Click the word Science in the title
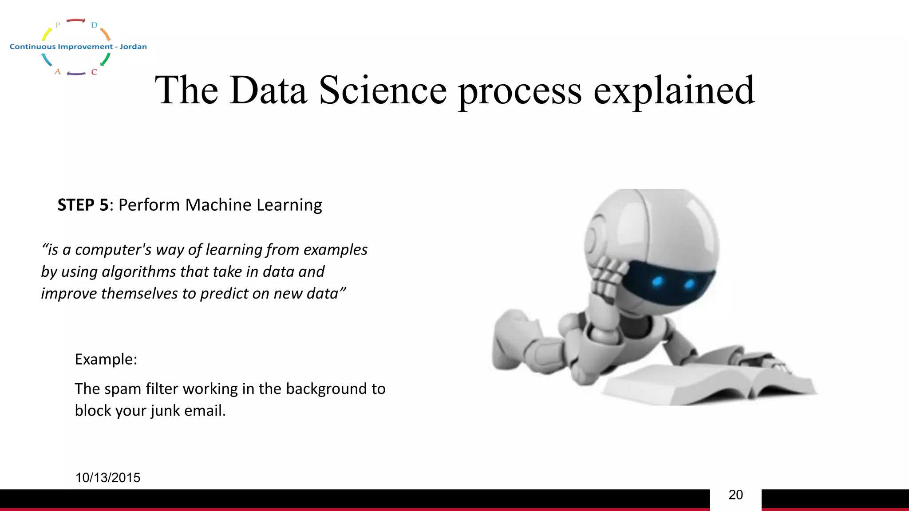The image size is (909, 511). [383, 90]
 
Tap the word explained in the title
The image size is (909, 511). [674, 90]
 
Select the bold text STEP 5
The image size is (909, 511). [83, 205]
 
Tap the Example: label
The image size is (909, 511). [106, 359]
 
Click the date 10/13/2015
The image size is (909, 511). [108, 478]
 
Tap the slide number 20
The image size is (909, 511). [735, 495]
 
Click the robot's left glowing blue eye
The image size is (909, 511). [657, 281]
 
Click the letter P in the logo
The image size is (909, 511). [58, 25]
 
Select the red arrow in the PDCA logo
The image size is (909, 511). [76, 20]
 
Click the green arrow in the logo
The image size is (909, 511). [105, 59]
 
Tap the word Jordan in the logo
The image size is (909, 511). [133, 47]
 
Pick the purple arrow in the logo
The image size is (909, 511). [76, 73]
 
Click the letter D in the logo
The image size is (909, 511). [94, 25]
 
